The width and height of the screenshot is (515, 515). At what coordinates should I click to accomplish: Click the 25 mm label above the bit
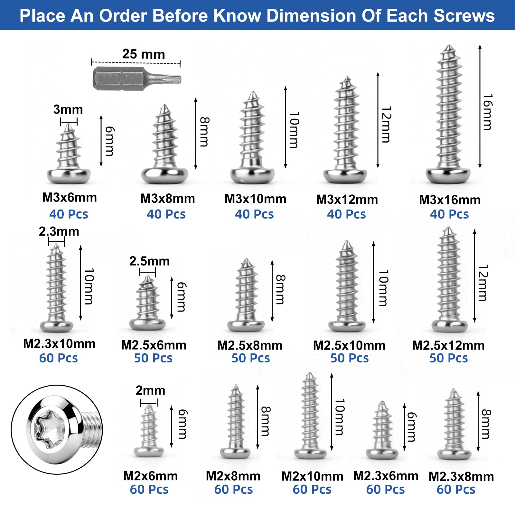pyautogui.click(x=144, y=54)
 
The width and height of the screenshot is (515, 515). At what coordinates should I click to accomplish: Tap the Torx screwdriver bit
pyautogui.click(x=137, y=79)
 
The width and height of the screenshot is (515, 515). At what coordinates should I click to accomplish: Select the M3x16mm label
pyautogui.click(x=450, y=200)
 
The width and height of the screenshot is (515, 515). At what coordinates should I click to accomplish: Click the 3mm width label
pyautogui.click(x=68, y=109)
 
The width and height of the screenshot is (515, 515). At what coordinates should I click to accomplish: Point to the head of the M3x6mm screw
pyautogui.click(x=69, y=176)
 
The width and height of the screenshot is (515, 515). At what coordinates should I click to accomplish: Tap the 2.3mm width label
pyautogui.click(x=59, y=231)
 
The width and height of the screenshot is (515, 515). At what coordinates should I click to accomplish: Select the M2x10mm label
pyautogui.click(x=312, y=476)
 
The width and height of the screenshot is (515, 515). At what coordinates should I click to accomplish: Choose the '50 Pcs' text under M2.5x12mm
pyautogui.click(x=449, y=358)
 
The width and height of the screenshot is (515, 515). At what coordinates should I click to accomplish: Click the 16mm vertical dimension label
pyautogui.click(x=487, y=112)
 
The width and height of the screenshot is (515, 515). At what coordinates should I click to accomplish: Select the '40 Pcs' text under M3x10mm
pyautogui.click(x=254, y=214)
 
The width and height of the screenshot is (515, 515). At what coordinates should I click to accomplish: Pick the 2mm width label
pyautogui.click(x=150, y=390)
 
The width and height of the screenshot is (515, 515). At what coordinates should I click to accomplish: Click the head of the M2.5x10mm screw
pyautogui.click(x=347, y=326)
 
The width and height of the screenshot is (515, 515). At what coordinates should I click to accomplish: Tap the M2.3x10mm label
pyautogui.click(x=59, y=344)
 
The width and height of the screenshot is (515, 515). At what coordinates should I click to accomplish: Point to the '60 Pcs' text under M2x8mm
pyautogui.click(x=234, y=490)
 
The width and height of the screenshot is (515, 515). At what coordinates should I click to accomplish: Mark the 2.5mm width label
pyautogui.click(x=149, y=261)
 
